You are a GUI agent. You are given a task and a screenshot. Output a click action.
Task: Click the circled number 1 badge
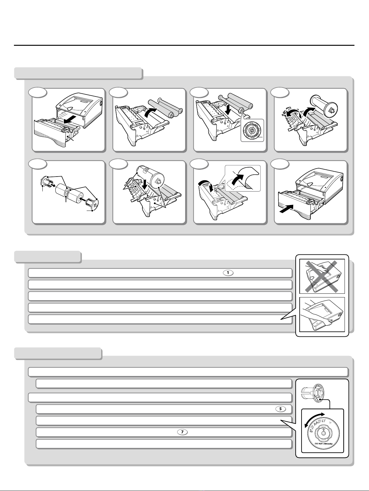tap(228, 273)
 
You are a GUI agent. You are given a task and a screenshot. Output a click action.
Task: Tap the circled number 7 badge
tap(182, 432)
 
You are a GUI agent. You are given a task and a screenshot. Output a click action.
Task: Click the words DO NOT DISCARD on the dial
tap(323, 444)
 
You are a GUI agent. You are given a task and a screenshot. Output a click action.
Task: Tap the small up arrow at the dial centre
tap(323, 429)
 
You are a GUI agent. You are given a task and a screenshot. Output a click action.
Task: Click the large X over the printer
tap(322, 276)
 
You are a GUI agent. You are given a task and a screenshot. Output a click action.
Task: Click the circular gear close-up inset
tap(252, 130)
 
